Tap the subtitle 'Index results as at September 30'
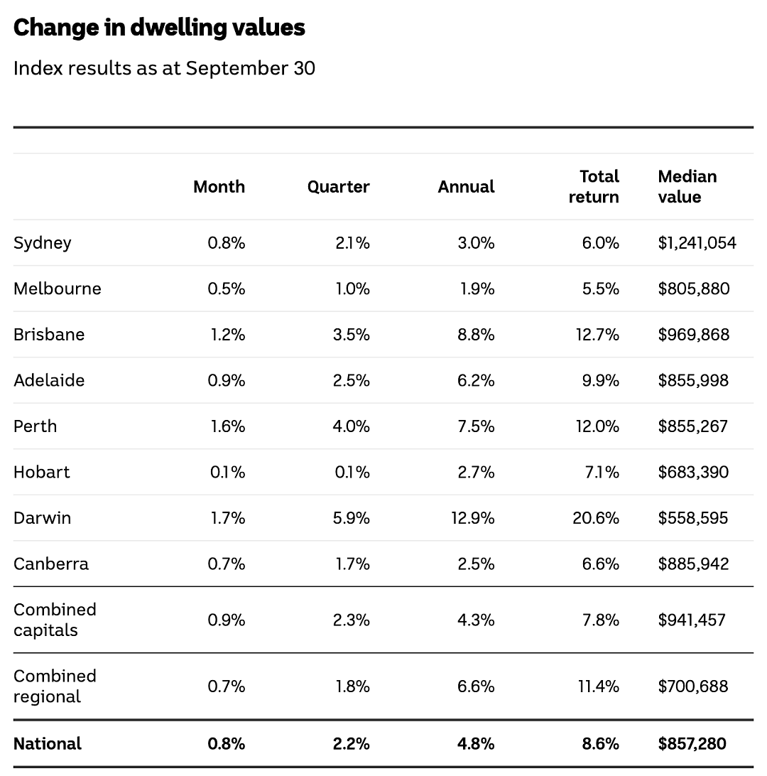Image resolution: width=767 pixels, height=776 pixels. [164, 69]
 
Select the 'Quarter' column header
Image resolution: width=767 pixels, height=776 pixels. [338, 187]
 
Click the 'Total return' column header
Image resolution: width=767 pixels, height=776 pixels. [594, 187]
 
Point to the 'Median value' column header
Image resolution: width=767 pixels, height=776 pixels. [687, 187]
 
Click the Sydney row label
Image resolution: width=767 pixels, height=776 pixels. [43, 244]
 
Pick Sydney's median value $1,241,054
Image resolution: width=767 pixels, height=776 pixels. [697, 243]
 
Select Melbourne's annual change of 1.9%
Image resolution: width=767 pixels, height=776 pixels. [477, 289]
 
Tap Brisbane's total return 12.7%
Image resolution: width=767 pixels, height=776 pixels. [597, 335]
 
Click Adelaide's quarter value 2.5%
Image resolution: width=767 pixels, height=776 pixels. [351, 381]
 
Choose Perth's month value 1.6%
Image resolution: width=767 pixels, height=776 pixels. [228, 426]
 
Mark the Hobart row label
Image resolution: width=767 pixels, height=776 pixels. [41, 472]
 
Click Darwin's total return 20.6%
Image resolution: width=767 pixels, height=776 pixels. [596, 518]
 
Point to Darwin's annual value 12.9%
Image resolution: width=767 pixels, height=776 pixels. [473, 518]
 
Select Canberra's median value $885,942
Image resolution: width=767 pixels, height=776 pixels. [693, 564]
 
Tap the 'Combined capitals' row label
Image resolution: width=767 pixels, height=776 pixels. [55, 620]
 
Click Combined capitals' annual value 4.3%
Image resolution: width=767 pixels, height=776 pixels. [476, 620]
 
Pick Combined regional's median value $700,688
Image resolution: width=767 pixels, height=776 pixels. [693, 686]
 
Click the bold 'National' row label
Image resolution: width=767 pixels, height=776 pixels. [48, 744]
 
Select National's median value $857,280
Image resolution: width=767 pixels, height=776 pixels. [692, 744]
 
